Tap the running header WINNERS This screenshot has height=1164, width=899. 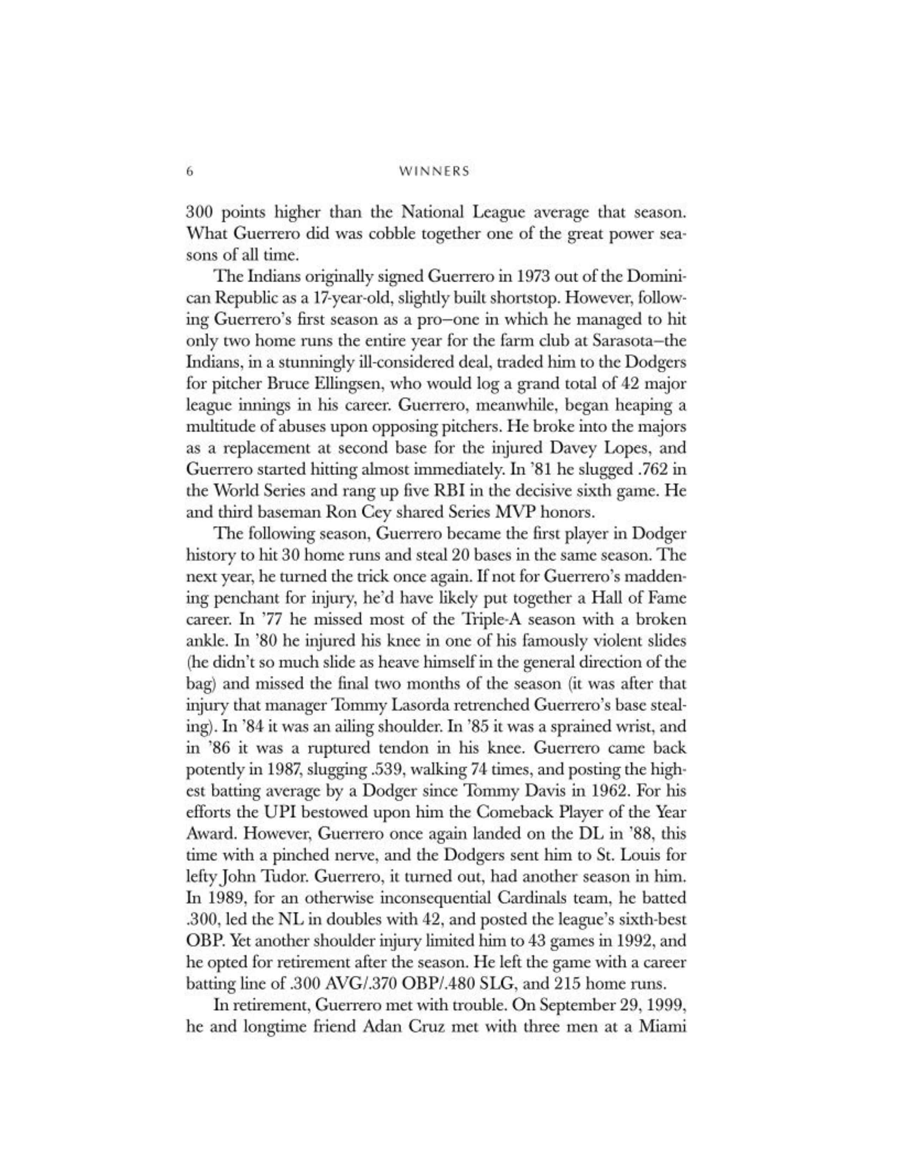(434, 172)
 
